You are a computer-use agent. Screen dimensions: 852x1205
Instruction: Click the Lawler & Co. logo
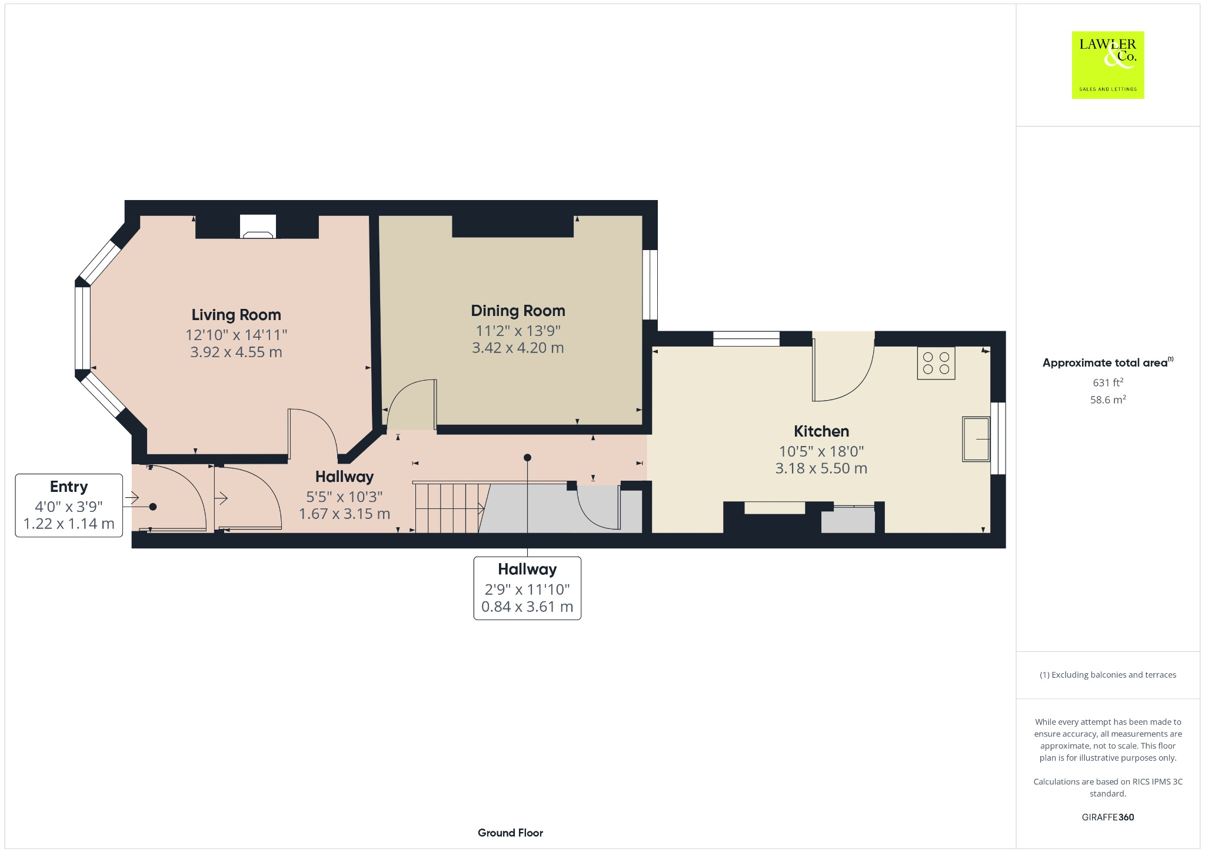[x=1107, y=65]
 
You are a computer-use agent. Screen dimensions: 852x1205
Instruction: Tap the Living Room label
[x=236, y=315]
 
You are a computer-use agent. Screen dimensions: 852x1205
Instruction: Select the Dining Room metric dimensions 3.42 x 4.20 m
[x=518, y=348]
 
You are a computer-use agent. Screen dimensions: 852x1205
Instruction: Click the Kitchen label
[x=821, y=431]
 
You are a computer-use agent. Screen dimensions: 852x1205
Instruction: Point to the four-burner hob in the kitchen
[x=936, y=363]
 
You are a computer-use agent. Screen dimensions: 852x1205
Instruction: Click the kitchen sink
[x=976, y=439]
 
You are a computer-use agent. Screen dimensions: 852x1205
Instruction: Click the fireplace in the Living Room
[x=258, y=227]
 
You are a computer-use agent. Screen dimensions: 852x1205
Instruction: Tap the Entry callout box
[x=69, y=505]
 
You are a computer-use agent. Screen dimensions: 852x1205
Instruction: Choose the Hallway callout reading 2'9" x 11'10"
[x=527, y=588]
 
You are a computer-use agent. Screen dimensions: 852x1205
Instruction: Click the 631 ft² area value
[x=1107, y=382]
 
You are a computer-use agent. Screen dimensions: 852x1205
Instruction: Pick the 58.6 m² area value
[x=1107, y=400]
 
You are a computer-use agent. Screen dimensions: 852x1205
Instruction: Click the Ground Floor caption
[x=510, y=833]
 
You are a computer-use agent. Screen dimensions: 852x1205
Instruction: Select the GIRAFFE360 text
[x=1107, y=817]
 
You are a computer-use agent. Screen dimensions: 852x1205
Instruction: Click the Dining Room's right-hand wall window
[x=650, y=285]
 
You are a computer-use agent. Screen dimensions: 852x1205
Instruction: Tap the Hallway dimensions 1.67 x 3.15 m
[x=344, y=514]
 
